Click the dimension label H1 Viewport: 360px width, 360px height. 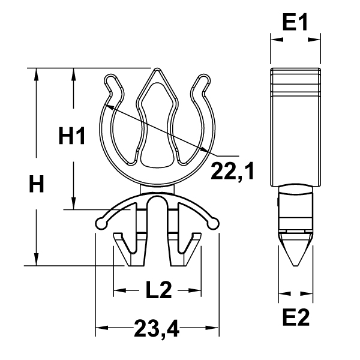pyautogui.click(x=71, y=137)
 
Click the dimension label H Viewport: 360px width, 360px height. pyautogui.click(x=37, y=185)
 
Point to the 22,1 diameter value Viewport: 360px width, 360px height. pyautogui.click(x=232, y=171)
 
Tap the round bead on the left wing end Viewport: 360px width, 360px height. pyautogui.click(x=101, y=224)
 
